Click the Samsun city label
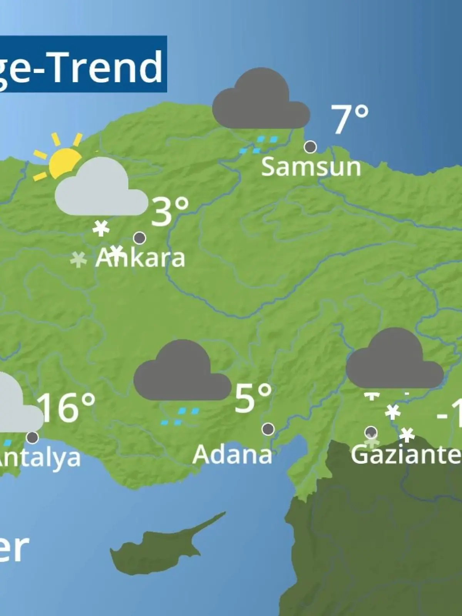(x=311, y=167)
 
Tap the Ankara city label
(x=140, y=258)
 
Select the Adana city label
(x=232, y=455)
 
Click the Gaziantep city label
(x=406, y=455)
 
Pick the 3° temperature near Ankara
(x=170, y=211)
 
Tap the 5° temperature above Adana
(x=253, y=398)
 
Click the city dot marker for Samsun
(x=310, y=147)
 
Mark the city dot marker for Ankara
(x=139, y=238)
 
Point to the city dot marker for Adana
(x=268, y=429)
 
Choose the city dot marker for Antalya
(x=33, y=437)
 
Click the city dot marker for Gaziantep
(x=371, y=432)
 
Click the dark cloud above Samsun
(x=261, y=102)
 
